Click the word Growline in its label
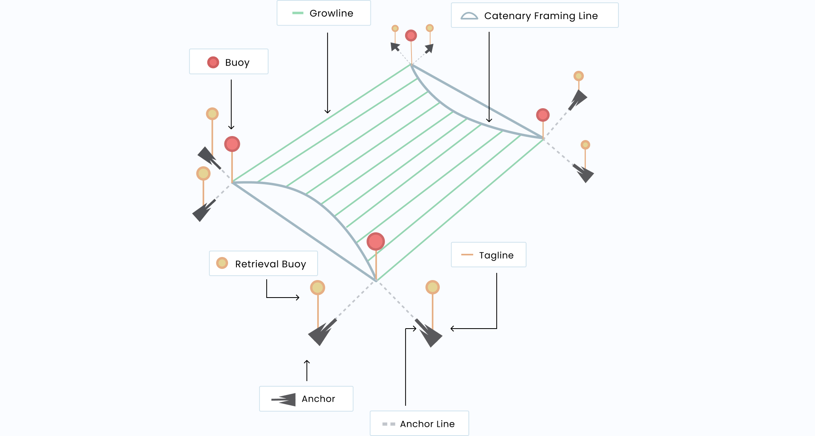[x=331, y=14]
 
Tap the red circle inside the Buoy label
[x=213, y=62]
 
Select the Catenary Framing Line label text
[x=541, y=16]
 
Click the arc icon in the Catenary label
[x=469, y=16]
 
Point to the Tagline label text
[x=496, y=255]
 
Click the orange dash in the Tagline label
[x=467, y=255]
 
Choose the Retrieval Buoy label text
[x=270, y=264]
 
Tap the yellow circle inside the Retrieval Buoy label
[x=222, y=263]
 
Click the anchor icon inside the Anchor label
[x=284, y=399]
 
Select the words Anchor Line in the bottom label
[x=427, y=424]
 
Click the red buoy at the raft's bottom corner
[x=376, y=241]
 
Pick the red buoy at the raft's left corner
[x=232, y=144]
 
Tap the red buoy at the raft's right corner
[x=543, y=115]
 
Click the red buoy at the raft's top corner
[x=411, y=35]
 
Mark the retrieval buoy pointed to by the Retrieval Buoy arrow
[x=318, y=287]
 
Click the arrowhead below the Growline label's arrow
[x=328, y=112]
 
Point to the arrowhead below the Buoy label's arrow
[x=231, y=127]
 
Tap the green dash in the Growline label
[x=298, y=13]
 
